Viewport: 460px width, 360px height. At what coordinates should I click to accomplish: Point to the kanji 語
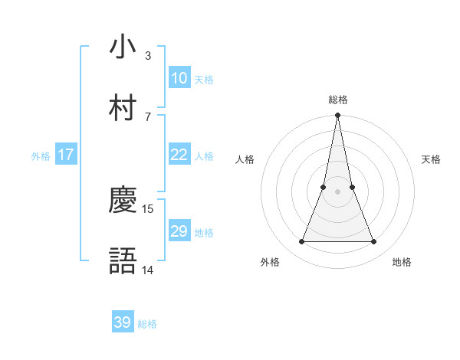[x=123, y=261]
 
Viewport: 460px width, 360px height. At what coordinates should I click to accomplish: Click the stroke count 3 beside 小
[x=147, y=55]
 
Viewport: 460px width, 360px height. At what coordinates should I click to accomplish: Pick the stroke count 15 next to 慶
[x=149, y=208]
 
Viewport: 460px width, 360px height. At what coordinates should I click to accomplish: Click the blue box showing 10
[x=179, y=78]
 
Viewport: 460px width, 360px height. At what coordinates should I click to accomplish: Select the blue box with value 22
[x=179, y=155]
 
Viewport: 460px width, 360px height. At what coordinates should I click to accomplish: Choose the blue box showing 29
[x=179, y=231]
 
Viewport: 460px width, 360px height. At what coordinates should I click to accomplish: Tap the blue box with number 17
[x=65, y=155]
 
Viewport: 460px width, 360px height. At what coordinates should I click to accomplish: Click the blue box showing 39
[x=123, y=322]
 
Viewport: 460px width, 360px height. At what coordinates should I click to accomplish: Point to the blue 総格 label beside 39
[x=147, y=324]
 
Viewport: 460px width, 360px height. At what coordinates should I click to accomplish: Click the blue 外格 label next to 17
[x=41, y=156]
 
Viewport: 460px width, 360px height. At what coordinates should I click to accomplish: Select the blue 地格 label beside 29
[x=204, y=233]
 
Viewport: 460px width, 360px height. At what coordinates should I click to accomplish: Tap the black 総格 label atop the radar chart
[x=337, y=100]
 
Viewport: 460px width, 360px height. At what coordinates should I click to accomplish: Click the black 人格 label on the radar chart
[x=245, y=159]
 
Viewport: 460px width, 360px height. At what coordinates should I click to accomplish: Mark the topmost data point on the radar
[x=337, y=116]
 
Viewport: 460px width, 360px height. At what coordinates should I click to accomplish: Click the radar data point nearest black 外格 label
[x=301, y=242]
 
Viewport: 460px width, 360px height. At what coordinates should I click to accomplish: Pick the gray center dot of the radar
[x=337, y=192]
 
